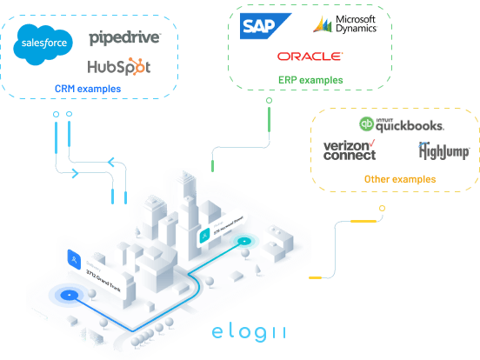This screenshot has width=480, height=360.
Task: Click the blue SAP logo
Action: pos(258,26)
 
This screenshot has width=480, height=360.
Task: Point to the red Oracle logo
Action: pos(310,57)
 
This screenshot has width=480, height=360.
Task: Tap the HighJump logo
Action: pos(444,152)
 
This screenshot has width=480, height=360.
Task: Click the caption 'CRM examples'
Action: pos(88,89)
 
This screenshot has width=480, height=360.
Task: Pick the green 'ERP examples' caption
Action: pos(310,80)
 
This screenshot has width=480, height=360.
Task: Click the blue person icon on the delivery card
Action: pos(74,257)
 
